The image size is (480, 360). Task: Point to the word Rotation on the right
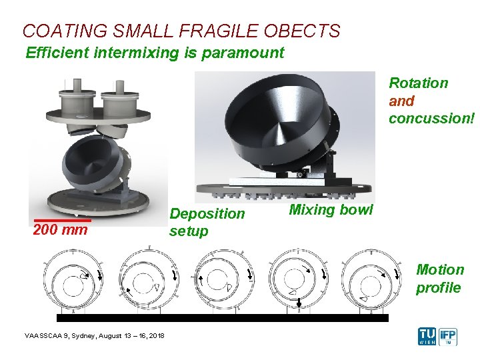coord(419,83)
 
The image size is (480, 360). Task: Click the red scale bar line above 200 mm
coord(62,219)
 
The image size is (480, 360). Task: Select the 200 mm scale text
coord(60,231)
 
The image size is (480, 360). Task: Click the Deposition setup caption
coord(207,222)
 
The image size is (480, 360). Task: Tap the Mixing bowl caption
coord(331,211)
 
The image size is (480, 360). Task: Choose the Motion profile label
coord(439,279)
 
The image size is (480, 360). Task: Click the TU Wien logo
coord(427,335)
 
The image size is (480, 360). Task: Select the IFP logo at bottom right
coord(450,335)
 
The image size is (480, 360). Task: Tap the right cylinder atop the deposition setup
coord(121,102)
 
